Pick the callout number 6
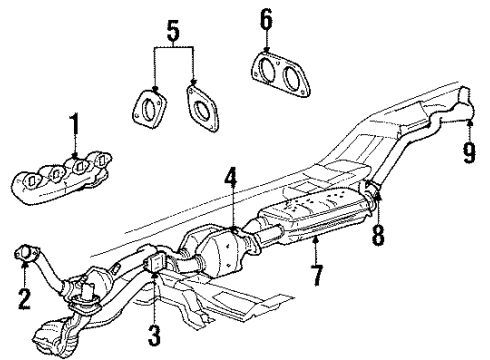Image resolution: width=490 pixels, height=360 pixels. (x=265, y=18)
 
